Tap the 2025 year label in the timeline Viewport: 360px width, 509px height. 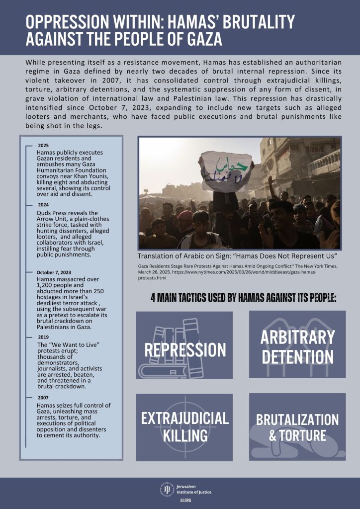coord(43,145)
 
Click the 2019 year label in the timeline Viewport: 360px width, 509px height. coord(43,337)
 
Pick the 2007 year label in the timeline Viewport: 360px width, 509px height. coord(43,398)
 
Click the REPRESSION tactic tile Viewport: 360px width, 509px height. coord(184,345)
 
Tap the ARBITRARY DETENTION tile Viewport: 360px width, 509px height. coord(297,344)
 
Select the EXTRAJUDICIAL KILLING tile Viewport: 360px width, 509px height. coord(184,426)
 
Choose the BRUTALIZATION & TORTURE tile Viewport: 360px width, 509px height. coord(297,426)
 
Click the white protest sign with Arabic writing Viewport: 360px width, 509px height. coord(227,172)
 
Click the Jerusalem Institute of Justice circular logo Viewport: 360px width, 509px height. coord(166,489)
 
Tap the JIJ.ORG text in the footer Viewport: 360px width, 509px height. coord(185,501)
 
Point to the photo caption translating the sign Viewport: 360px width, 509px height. coord(238,256)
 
